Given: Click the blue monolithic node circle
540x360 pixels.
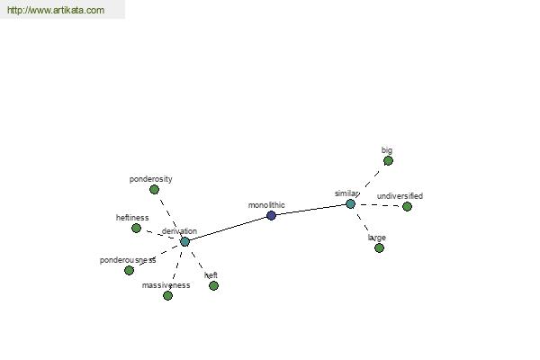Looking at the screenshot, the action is pos(271,216).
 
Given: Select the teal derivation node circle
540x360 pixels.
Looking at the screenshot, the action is pos(184,241).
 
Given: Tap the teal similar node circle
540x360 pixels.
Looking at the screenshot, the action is pos(350,204).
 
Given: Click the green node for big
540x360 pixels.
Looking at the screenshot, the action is pos(388,160).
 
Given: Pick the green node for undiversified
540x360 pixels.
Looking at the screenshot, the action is pos(407,206).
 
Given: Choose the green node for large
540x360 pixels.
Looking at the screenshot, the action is pos(379,247).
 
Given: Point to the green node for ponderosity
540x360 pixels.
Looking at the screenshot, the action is pos(154,189).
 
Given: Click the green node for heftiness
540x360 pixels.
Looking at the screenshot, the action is pos(137,228).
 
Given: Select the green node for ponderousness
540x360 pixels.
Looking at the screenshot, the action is pos(129,270).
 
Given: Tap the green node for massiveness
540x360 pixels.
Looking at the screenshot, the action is pos(167,295).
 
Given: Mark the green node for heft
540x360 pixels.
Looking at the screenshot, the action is pos(213,285).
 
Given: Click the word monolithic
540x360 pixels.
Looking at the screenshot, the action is pos(266,205).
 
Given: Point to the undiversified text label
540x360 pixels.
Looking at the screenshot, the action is pos(400,196).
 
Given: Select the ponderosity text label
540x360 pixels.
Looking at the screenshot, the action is pos(151,179).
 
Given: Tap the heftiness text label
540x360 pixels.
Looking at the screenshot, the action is pos(132,218).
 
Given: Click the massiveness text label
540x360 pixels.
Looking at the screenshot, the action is pos(166,285).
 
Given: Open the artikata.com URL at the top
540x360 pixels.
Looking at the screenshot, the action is pos(56,10).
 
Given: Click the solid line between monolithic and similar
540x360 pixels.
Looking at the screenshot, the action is pos(310,210).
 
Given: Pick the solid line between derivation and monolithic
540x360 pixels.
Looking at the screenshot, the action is pos(228,229).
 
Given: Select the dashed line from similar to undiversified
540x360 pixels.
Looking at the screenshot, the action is pos(379,205).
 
